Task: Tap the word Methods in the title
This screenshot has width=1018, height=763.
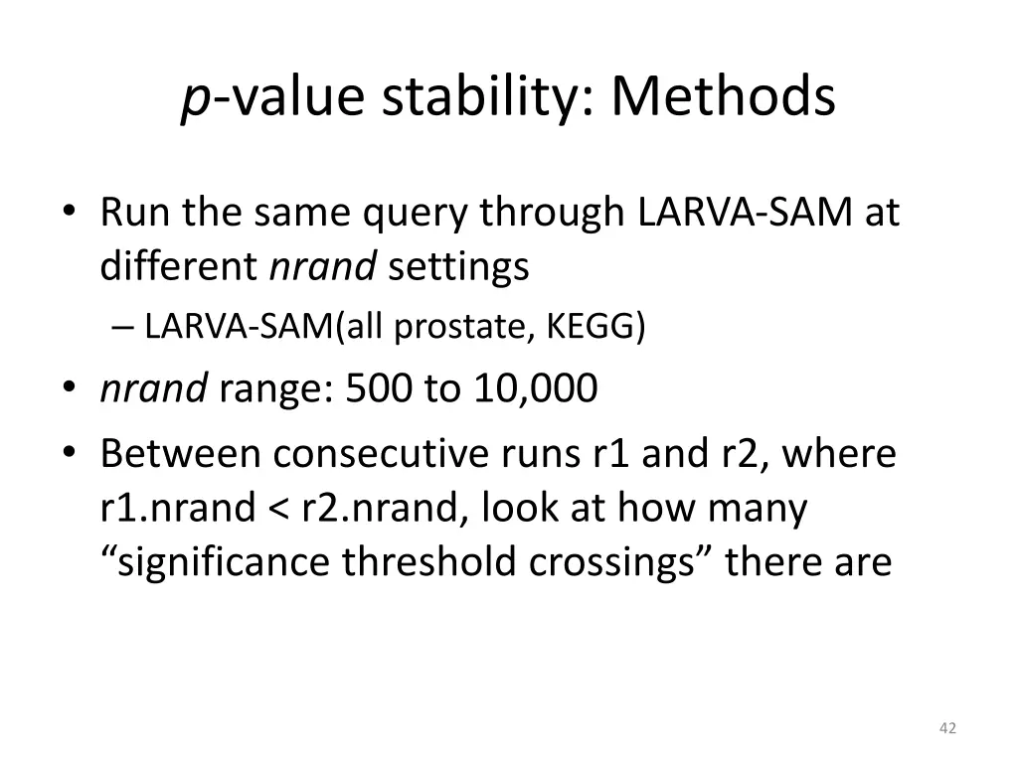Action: click(724, 96)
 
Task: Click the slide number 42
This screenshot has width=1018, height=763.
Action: click(947, 728)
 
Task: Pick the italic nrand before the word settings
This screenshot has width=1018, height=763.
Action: click(323, 267)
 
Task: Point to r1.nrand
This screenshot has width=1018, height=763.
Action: click(177, 509)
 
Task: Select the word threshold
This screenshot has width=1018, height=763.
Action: click(431, 562)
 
